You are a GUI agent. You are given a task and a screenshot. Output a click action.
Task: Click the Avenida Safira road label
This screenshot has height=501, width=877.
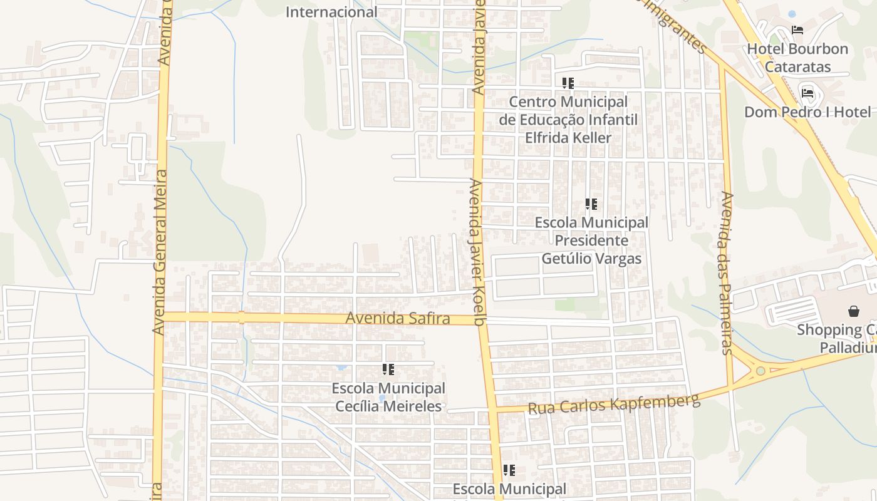(398, 318)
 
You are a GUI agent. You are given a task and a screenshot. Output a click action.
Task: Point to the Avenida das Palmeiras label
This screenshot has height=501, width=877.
(727, 272)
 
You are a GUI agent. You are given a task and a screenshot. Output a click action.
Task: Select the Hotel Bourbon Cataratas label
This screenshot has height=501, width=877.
(797, 58)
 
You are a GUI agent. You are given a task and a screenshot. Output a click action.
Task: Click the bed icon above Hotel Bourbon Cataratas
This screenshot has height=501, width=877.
(797, 30)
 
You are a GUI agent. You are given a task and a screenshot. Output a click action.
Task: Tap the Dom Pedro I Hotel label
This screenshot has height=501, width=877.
(807, 112)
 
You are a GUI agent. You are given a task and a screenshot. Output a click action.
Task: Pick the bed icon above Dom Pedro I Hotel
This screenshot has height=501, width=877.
(807, 93)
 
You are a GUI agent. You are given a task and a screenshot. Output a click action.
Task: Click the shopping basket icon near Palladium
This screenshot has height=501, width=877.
(853, 311)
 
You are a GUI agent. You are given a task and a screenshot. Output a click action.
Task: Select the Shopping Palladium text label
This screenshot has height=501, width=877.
(837, 338)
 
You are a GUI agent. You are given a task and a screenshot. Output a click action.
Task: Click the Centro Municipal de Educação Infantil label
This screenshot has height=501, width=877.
(568, 119)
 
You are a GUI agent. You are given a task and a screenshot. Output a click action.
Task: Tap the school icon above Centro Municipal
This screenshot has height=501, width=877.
(568, 83)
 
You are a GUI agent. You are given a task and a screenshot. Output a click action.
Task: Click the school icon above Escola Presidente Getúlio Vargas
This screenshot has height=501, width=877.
(591, 204)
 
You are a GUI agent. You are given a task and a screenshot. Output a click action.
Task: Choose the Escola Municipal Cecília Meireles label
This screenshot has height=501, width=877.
(389, 397)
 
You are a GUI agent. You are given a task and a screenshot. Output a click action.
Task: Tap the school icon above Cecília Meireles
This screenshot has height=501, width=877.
(388, 369)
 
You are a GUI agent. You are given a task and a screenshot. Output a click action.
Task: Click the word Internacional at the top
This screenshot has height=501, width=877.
(331, 11)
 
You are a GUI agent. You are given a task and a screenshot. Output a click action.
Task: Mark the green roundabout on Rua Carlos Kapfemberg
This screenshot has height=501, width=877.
(760, 371)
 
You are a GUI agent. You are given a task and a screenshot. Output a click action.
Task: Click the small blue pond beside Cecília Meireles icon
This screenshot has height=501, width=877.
(341, 368)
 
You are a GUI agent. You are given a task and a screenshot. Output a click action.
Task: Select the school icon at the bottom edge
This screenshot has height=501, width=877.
(509, 470)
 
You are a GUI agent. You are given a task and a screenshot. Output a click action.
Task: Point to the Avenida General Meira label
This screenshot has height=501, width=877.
(161, 250)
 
